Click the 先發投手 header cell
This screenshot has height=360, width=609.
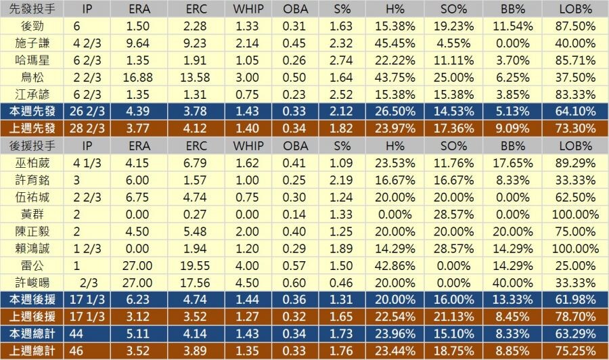pos(33,9)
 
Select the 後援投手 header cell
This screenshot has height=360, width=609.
pos(33,145)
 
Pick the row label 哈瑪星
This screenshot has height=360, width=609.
pos(33,60)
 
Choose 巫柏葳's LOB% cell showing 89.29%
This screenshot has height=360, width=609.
pos(577,162)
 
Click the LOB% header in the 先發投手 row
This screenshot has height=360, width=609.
pos(577,9)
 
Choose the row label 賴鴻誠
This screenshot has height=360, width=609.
pos(33,248)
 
